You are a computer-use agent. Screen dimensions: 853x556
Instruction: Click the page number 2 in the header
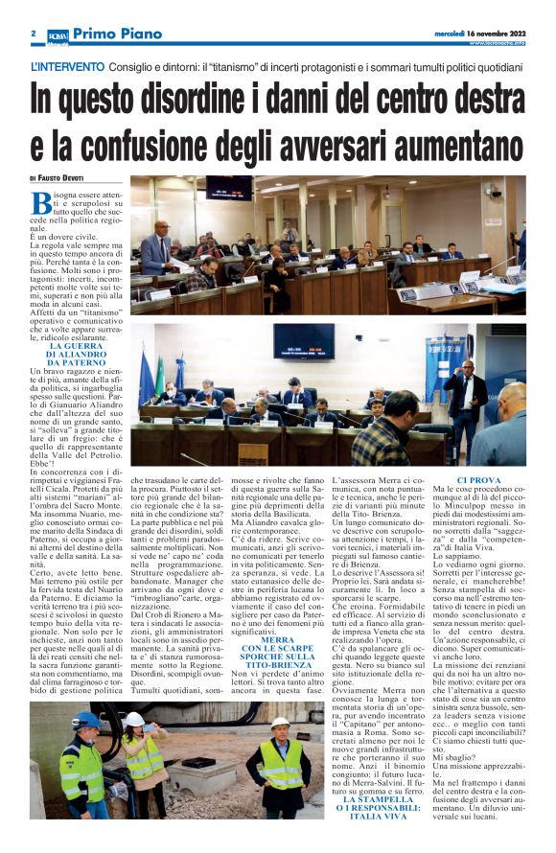point(33,34)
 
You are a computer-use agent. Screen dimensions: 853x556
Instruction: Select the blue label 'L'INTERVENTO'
point(67,68)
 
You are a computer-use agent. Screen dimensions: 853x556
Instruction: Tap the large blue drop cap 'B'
point(41,203)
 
